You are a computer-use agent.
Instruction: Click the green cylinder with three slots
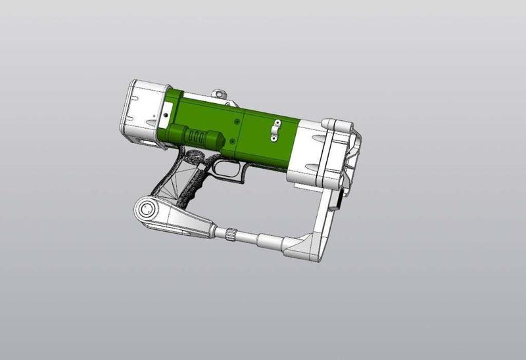tap(197, 135)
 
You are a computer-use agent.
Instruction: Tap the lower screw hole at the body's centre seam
tap(233, 141)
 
